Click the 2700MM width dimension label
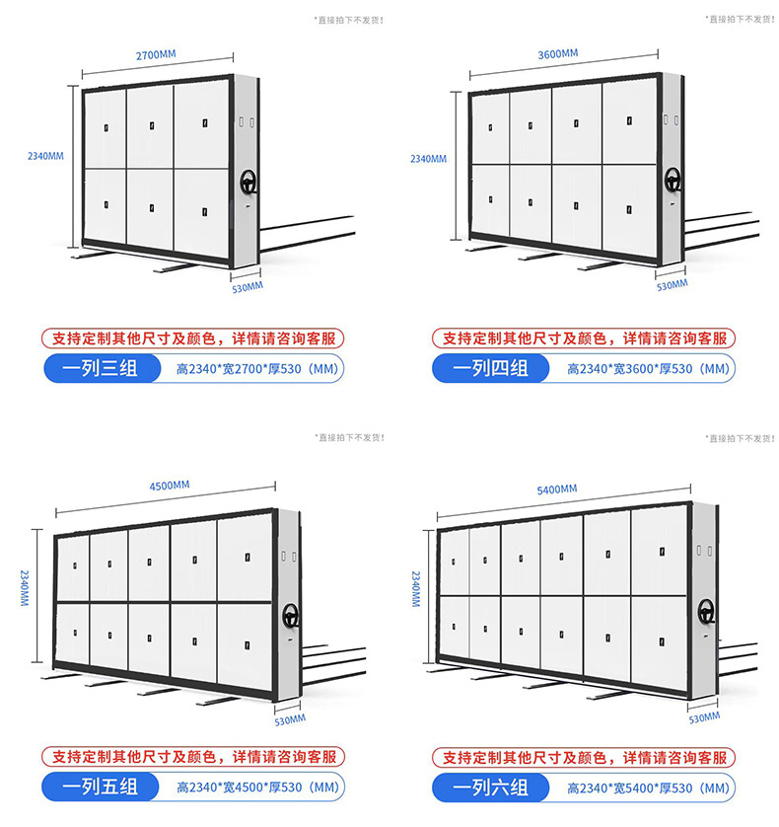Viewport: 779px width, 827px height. coord(156,55)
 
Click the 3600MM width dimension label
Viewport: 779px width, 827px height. coord(558,54)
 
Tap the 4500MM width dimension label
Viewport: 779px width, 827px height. coord(170,486)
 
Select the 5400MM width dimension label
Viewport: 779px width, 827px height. coord(556,489)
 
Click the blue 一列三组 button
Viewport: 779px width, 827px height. coord(103,368)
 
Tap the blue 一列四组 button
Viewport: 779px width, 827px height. coord(491,368)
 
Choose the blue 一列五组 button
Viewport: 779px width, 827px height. coord(101,787)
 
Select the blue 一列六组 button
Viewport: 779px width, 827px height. coord(491,788)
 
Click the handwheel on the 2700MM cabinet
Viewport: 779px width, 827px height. coord(248,183)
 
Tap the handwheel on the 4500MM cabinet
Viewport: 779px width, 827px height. coord(291,616)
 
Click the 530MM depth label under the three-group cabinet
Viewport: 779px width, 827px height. coord(248,288)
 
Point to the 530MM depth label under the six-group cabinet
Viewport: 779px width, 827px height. coord(704,717)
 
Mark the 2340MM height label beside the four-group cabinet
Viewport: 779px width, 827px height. coord(429,159)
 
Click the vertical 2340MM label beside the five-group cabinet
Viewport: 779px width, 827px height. coord(25,587)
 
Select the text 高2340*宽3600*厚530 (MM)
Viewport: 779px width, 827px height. coord(648,369)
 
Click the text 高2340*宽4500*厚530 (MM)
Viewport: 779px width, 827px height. coord(257,787)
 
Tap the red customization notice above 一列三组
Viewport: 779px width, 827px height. coord(193,338)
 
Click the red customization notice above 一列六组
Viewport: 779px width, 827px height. coord(584,757)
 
